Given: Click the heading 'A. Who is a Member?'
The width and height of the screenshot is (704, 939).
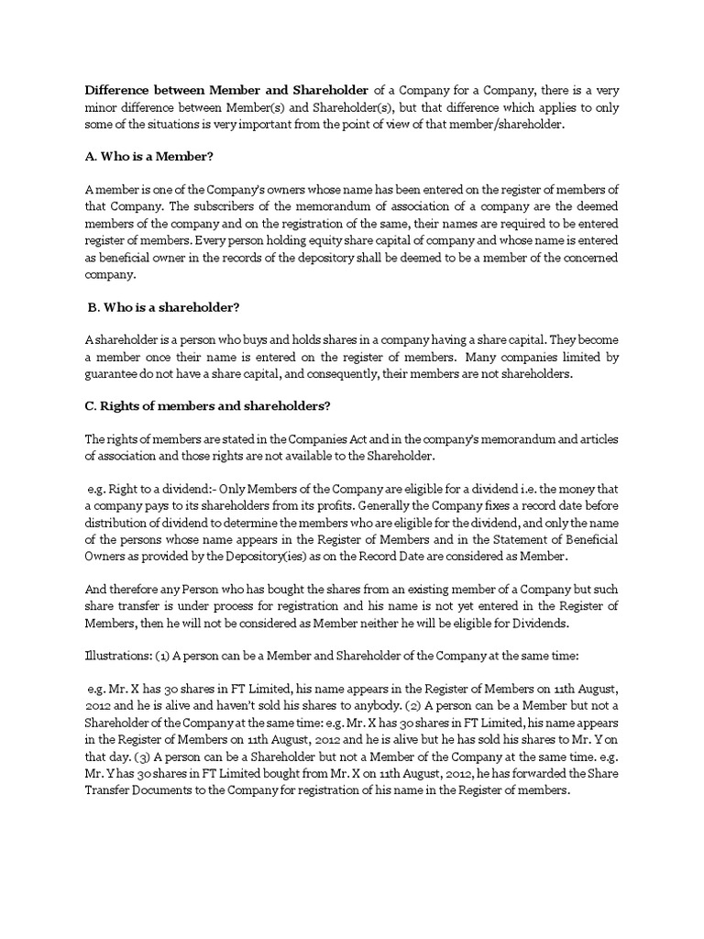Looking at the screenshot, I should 148,157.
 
